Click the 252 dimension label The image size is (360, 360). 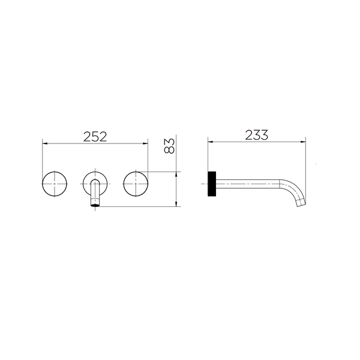click(x=95, y=137)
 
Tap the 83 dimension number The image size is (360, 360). click(x=169, y=146)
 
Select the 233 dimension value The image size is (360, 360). click(x=256, y=135)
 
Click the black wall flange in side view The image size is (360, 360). click(x=212, y=184)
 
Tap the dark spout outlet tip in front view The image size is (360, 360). click(x=95, y=205)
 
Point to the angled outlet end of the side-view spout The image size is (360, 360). click(x=301, y=203)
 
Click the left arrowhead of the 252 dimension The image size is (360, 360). click(x=45, y=143)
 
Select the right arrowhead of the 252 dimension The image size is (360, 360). click(x=146, y=143)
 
